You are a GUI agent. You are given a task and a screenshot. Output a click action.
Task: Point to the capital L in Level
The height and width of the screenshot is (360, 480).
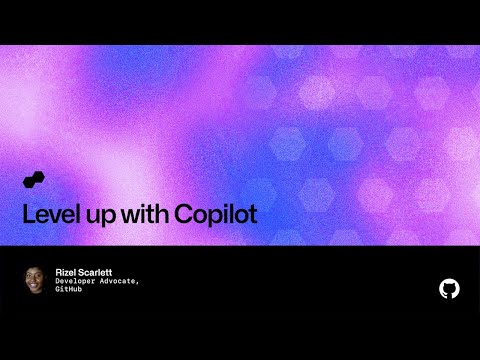pos(27,214)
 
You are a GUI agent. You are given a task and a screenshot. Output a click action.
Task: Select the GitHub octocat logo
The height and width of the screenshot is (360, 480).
pos(449,288)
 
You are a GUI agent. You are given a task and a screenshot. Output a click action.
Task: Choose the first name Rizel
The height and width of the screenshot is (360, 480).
pos(67,271)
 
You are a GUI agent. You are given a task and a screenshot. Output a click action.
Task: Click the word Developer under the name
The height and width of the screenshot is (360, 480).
pos(76,281)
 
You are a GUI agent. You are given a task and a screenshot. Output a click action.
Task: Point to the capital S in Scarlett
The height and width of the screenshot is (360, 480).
pos(83,271)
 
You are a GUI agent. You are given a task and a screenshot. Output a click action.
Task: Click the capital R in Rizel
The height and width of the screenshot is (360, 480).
pos(58,271)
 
